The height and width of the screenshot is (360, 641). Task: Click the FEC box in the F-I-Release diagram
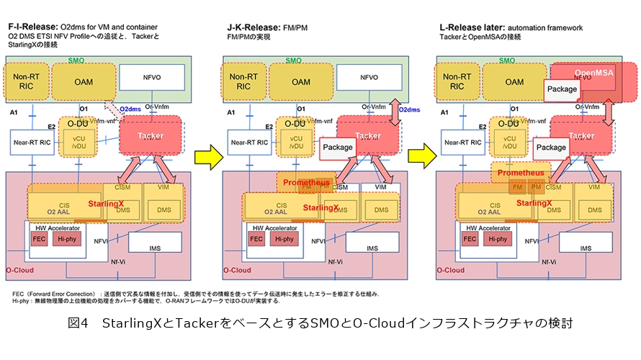[x=39, y=239]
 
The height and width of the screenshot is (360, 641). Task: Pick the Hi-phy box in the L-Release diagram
[x=502, y=239]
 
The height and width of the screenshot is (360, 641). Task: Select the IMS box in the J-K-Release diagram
[x=372, y=248]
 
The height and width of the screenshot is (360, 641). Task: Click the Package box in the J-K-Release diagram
[x=339, y=147]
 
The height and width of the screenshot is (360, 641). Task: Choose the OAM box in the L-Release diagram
[x=514, y=82]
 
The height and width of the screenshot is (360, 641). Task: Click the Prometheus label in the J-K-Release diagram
[x=306, y=182]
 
